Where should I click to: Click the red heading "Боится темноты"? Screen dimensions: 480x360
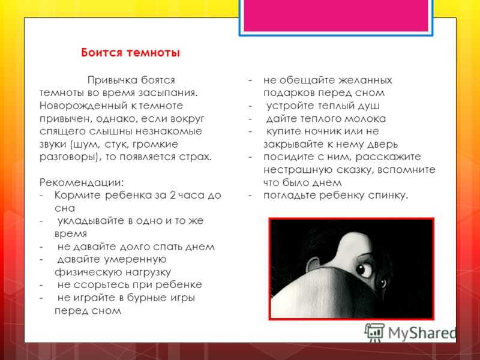[130, 53]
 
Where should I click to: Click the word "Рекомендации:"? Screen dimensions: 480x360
[82, 183]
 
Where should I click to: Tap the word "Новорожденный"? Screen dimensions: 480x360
[83, 106]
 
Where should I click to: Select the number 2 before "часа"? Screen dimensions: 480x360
[173, 195]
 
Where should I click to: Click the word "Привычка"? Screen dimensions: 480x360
[112, 80]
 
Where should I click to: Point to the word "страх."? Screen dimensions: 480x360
[196, 157]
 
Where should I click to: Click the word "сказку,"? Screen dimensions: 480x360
[355, 170]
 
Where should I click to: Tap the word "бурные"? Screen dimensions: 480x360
[145, 298]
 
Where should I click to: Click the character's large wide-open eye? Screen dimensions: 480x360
[364, 269]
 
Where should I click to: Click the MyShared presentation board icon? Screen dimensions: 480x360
[374, 332]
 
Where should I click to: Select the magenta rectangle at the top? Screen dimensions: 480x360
[336, 16]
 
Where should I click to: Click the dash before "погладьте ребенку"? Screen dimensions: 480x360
[250, 196]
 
